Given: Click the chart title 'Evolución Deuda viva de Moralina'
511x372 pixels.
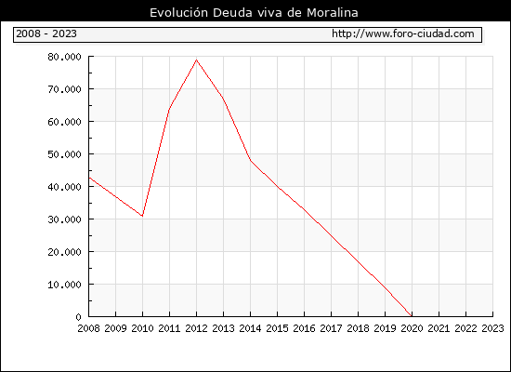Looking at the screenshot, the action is pyautogui.click(x=254, y=13).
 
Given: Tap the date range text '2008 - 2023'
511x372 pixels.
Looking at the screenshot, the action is pyautogui.click(x=46, y=33).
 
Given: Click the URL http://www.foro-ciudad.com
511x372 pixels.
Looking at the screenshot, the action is pyautogui.click(x=403, y=33).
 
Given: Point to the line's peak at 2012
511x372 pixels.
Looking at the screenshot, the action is pyautogui.click(x=197, y=60).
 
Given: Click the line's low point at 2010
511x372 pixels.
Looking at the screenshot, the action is pyautogui.click(x=142, y=216).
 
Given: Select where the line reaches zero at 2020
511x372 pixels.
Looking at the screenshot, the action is pyautogui.click(x=412, y=316).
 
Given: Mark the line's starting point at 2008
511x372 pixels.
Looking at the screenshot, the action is pyautogui.click(x=89, y=178).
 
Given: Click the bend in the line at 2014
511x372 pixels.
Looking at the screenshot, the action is pyautogui.click(x=250, y=160).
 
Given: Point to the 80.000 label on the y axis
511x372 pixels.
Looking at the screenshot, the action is pyautogui.click(x=64, y=57).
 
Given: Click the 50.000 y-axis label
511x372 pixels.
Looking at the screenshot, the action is pyautogui.click(x=64, y=154).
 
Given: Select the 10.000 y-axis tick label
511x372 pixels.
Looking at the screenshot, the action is pyautogui.click(x=64, y=285).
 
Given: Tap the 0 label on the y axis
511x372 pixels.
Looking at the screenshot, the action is pyautogui.click(x=78, y=317).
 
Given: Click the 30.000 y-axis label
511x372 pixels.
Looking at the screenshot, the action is pyautogui.click(x=64, y=219).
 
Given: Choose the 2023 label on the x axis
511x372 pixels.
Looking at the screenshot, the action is pyautogui.click(x=492, y=328).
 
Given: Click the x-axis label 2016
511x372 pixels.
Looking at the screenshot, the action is pyautogui.click(x=304, y=328).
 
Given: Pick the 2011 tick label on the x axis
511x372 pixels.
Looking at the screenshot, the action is pyautogui.click(x=169, y=328).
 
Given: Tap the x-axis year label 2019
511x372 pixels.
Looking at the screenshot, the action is pyautogui.click(x=385, y=328).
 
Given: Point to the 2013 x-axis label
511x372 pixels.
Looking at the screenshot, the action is pyautogui.click(x=223, y=328).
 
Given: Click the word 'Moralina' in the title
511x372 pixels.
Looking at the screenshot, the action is pyautogui.click(x=333, y=13).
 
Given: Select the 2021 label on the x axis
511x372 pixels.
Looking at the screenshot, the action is pyautogui.click(x=439, y=328).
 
